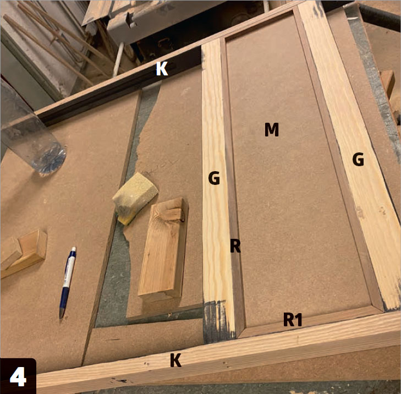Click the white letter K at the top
click(162, 69)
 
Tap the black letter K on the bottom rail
click(176, 360)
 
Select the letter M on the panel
click(271, 129)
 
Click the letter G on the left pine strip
click(214, 178)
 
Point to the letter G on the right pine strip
click(358, 159)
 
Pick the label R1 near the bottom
click(293, 319)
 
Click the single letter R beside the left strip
click(235, 245)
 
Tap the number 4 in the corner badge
click(18, 377)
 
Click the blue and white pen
click(68, 282)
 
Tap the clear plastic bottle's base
click(50, 159)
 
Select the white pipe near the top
click(118, 59)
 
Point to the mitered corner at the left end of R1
click(241, 332)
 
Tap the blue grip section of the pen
click(63, 298)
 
